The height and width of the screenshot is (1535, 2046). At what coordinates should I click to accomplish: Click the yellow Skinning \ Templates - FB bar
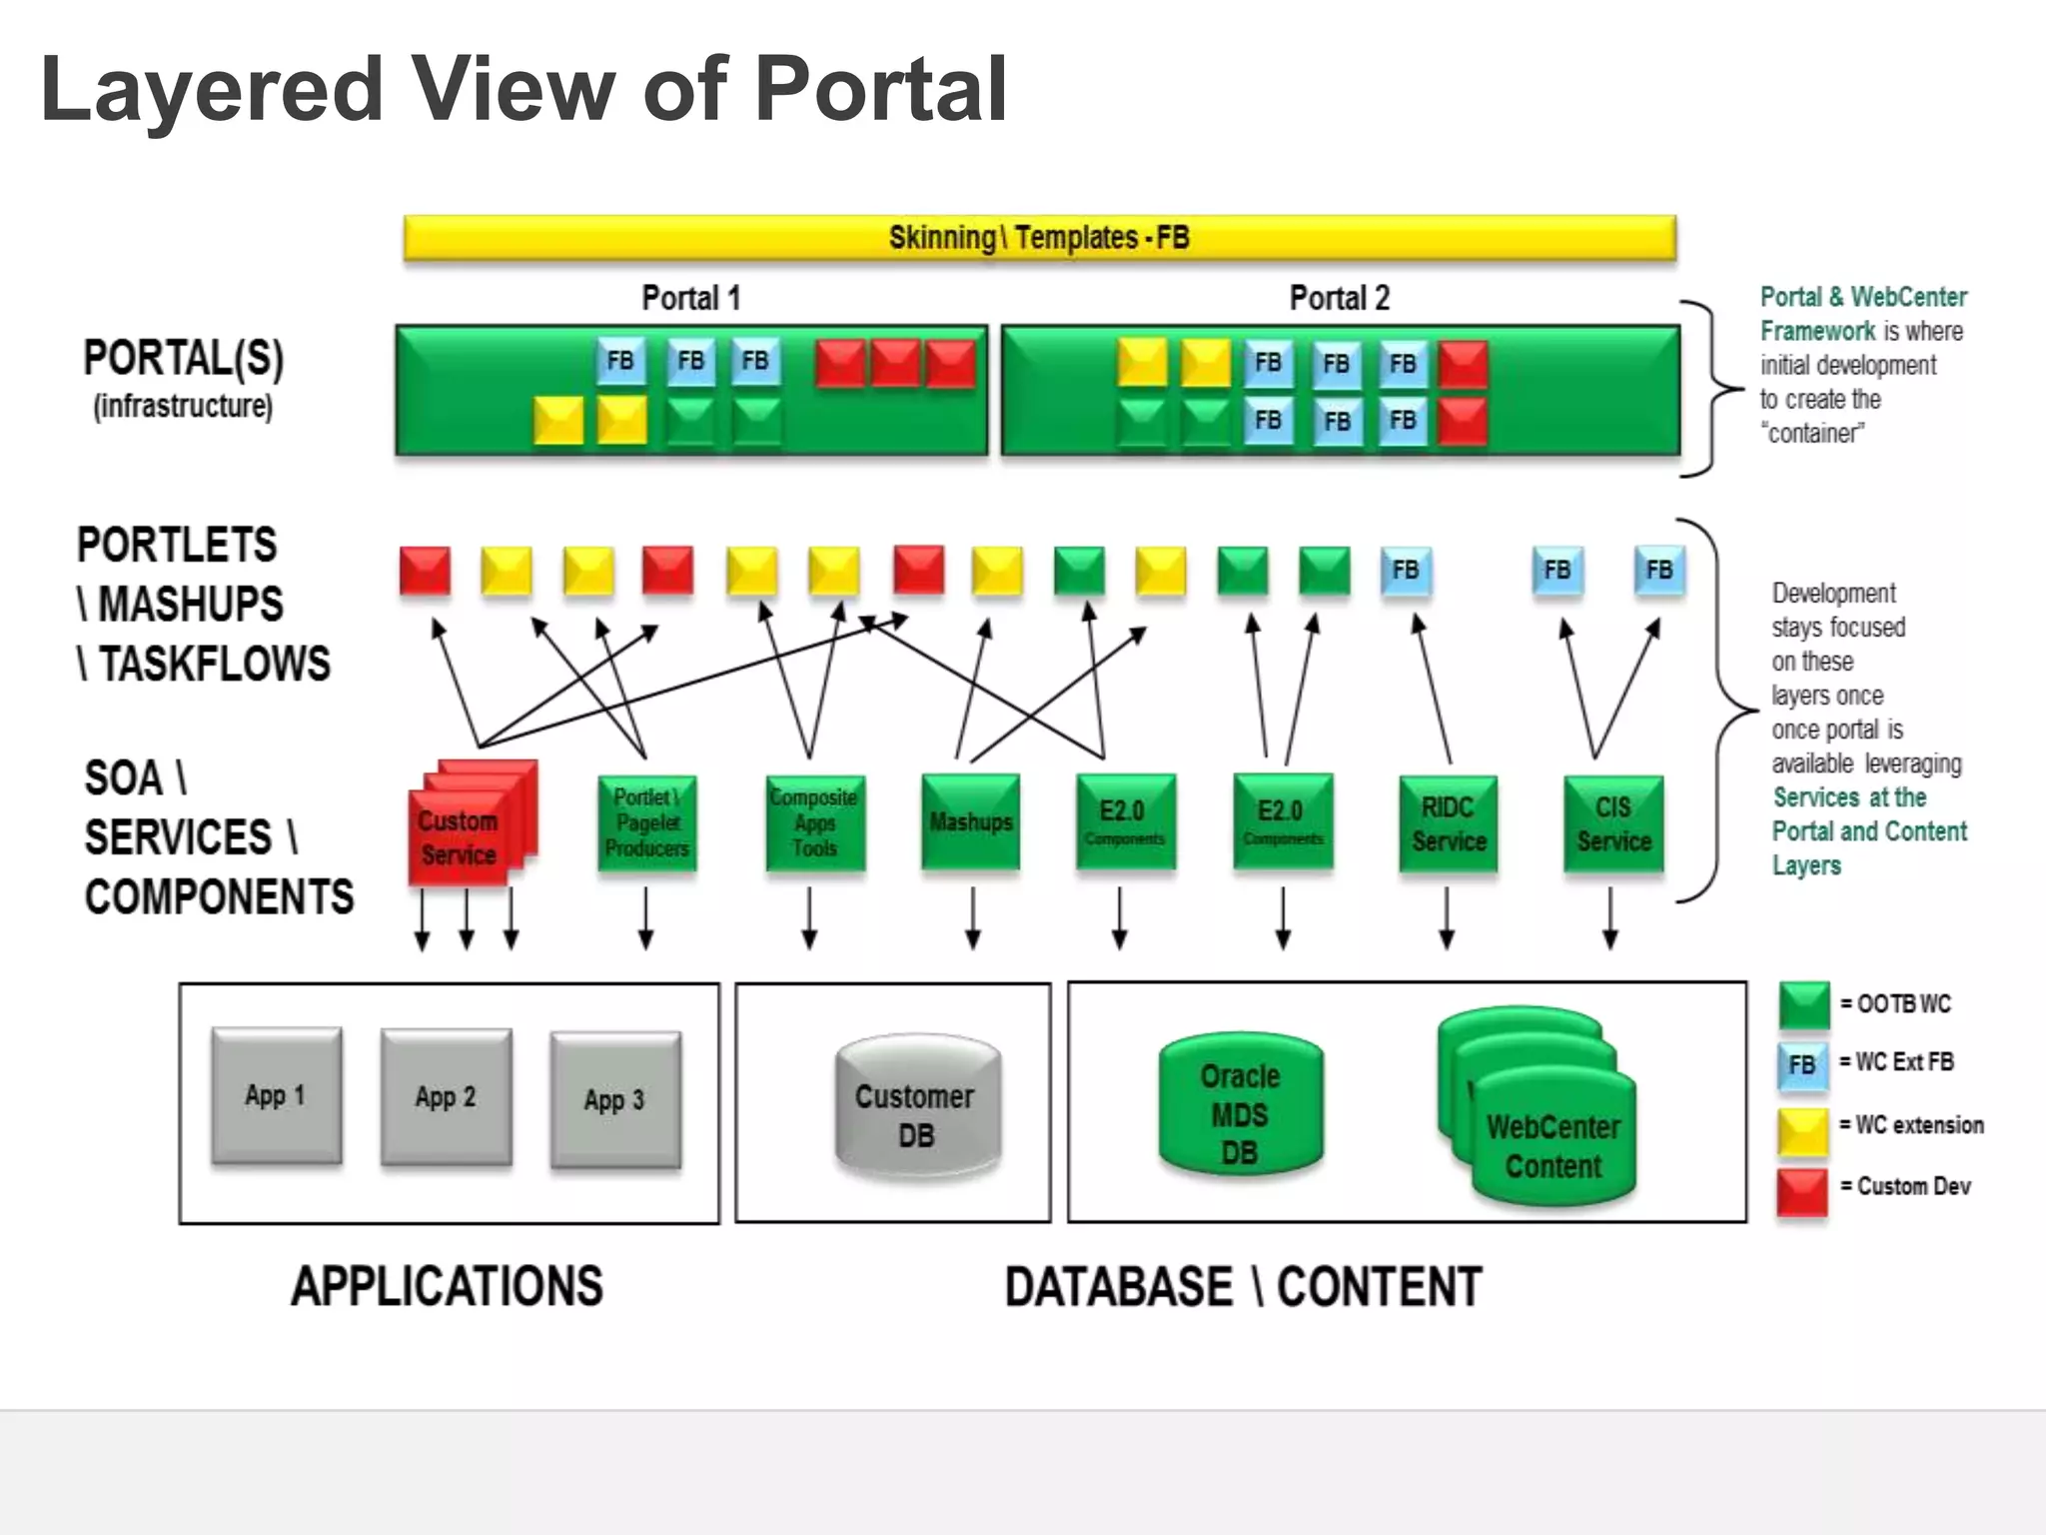tap(1039, 238)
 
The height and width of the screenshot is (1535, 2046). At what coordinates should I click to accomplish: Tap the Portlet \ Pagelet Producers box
tap(647, 822)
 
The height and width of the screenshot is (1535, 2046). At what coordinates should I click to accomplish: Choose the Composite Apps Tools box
tap(814, 822)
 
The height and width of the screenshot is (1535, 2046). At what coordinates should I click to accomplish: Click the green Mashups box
tap(971, 821)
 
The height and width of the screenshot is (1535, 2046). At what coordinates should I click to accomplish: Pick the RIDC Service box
tap(1448, 823)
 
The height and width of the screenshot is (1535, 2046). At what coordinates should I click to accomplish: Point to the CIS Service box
tap(1613, 823)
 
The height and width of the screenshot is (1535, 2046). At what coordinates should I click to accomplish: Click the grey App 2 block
tap(446, 1096)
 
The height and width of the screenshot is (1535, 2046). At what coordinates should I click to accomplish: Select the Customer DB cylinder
tap(916, 1109)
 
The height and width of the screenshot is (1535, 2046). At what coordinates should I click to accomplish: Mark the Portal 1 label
tap(690, 298)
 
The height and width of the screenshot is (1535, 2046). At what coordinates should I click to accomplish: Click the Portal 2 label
tap(1339, 298)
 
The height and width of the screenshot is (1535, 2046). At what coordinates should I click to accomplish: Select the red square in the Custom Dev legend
tap(1802, 1191)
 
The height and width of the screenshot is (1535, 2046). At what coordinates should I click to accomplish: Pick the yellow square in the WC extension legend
tap(1802, 1129)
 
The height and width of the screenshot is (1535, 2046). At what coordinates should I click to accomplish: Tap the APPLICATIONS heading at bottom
tap(447, 1286)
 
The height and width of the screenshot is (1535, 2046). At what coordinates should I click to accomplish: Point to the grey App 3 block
tap(615, 1099)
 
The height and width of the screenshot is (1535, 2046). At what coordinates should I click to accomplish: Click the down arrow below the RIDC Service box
tap(1447, 917)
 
